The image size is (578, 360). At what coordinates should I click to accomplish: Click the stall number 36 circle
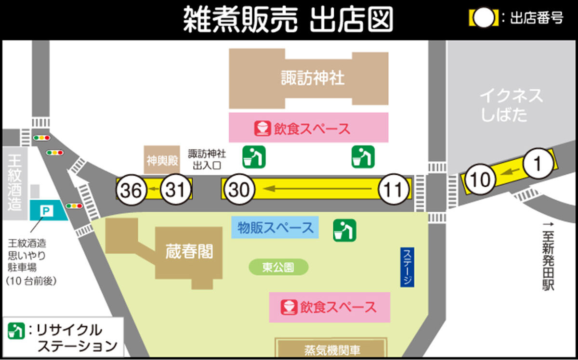[131, 190]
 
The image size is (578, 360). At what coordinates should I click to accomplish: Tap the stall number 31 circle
[175, 190]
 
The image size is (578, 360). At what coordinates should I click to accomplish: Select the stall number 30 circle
[239, 190]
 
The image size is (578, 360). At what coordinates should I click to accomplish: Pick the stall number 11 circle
[394, 190]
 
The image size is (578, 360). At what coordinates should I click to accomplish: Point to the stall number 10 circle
[480, 180]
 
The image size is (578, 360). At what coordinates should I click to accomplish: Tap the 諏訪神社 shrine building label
[313, 77]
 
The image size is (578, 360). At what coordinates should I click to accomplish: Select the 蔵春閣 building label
[189, 251]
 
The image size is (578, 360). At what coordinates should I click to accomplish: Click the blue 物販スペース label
[275, 228]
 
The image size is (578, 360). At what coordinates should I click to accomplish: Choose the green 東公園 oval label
[278, 267]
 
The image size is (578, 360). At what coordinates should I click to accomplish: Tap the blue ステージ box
[407, 267]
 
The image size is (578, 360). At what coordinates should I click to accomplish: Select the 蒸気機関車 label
[332, 350]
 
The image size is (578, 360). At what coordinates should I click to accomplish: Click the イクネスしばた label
[511, 105]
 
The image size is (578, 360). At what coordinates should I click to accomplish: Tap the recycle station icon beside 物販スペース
[344, 230]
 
